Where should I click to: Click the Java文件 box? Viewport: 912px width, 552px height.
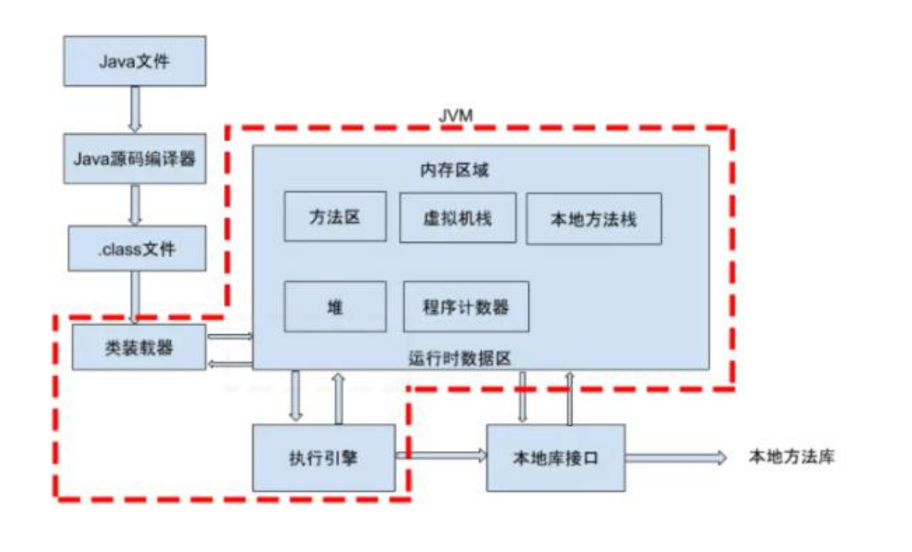(x=135, y=60)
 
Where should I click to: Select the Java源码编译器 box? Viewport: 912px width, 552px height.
(x=135, y=158)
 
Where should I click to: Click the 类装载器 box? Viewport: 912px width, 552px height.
(x=139, y=347)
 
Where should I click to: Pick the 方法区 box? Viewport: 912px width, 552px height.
(x=335, y=216)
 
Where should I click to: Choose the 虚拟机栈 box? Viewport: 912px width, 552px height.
(x=457, y=218)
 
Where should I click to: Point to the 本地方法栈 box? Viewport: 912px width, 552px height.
(x=593, y=219)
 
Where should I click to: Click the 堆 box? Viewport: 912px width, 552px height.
(x=335, y=306)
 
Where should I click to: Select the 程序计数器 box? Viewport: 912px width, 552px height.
(x=466, y=307)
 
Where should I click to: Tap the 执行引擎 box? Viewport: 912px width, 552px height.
(x=323, y=457)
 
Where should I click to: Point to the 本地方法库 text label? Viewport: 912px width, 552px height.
(x=790, y=457)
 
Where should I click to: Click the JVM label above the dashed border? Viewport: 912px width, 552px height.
(x=455, y=116)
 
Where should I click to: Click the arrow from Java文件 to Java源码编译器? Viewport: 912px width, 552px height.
(x=135, y=109)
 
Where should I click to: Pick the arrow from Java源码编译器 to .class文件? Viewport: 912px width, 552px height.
(x=135, y=204)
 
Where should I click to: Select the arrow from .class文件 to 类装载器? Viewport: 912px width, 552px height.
(x=135, y=296)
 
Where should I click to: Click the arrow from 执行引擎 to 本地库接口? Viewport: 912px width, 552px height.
(x=440, y=454)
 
